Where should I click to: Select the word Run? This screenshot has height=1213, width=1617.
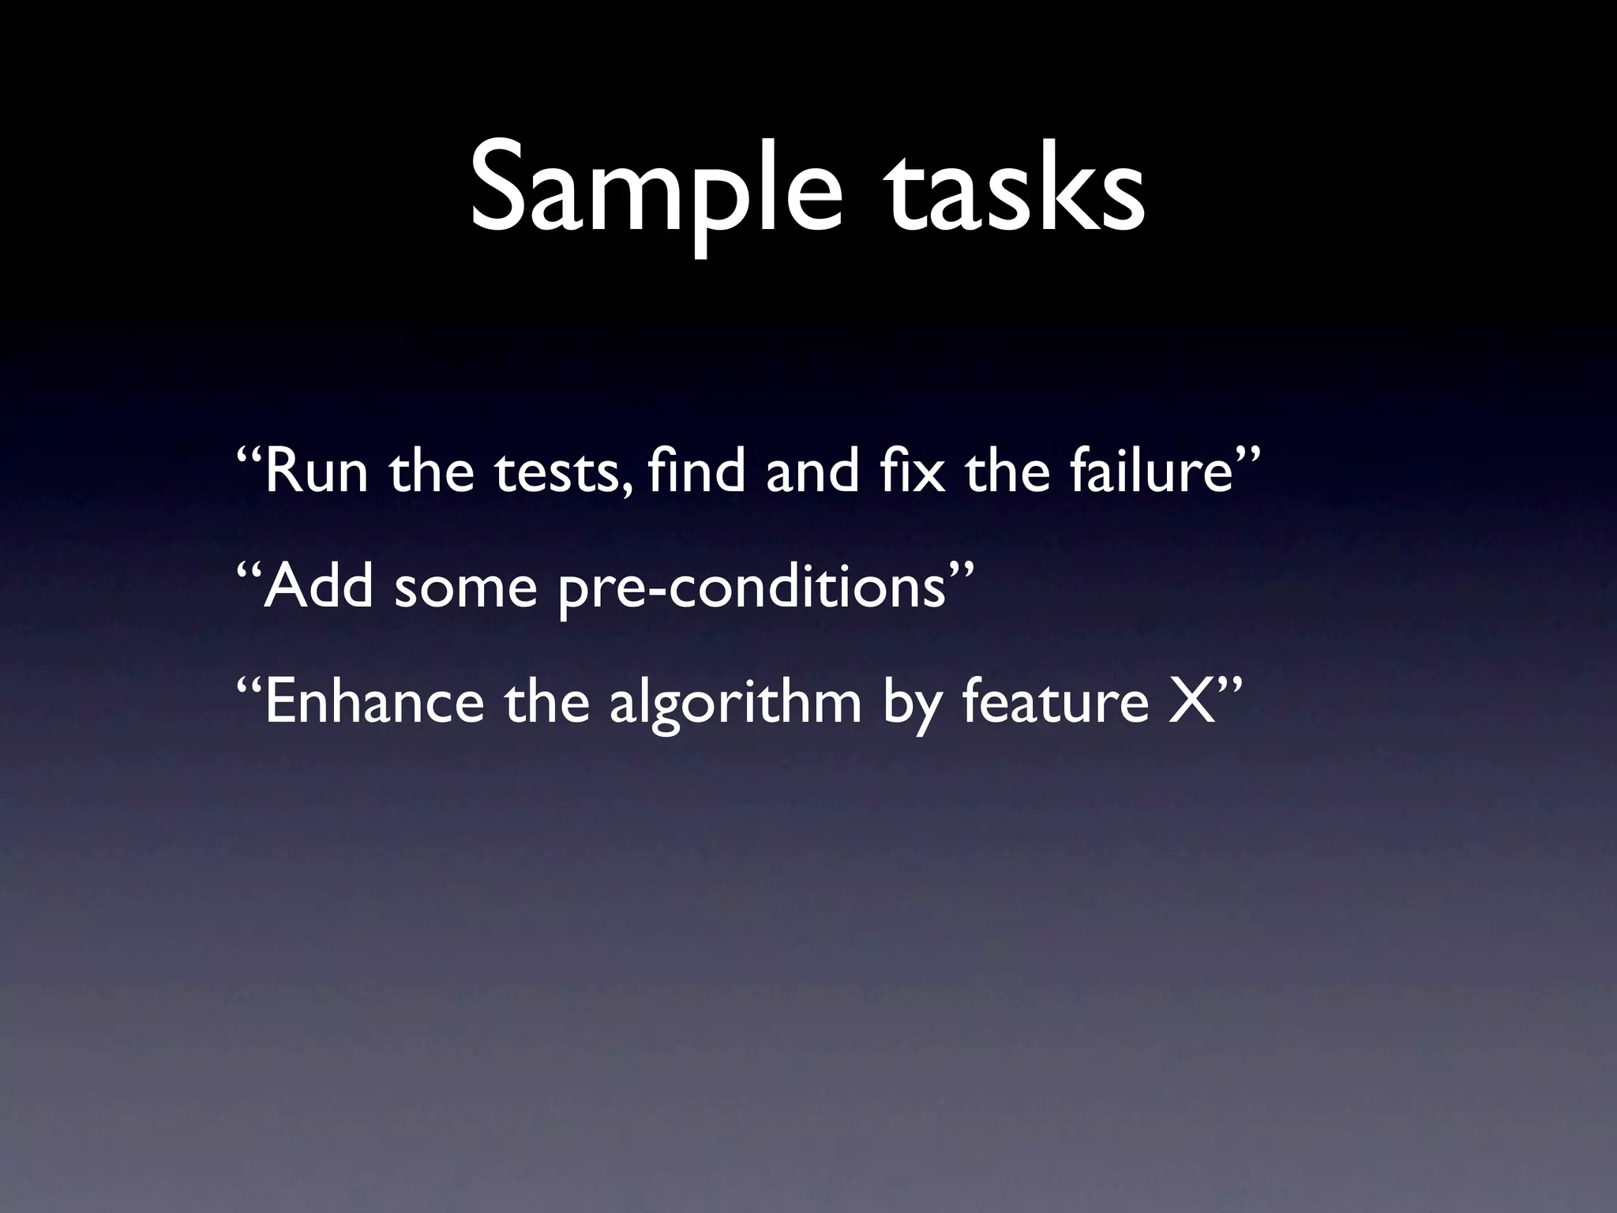[x=316, y=472]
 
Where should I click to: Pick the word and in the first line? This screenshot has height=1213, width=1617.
[x=812, y=472]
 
